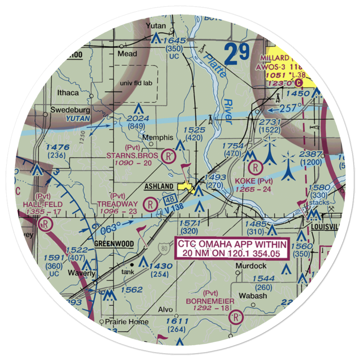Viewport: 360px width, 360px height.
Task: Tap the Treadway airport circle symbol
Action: [150, 205]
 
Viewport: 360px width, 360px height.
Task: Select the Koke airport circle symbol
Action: [255, 167]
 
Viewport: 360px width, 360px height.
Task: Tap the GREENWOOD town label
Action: [114, 244]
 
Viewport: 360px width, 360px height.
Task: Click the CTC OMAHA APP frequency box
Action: [233, 249]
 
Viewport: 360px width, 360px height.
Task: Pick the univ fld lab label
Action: [137, 83]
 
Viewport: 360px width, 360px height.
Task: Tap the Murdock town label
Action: [251, 266]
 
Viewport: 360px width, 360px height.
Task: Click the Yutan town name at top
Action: [156, 26]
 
